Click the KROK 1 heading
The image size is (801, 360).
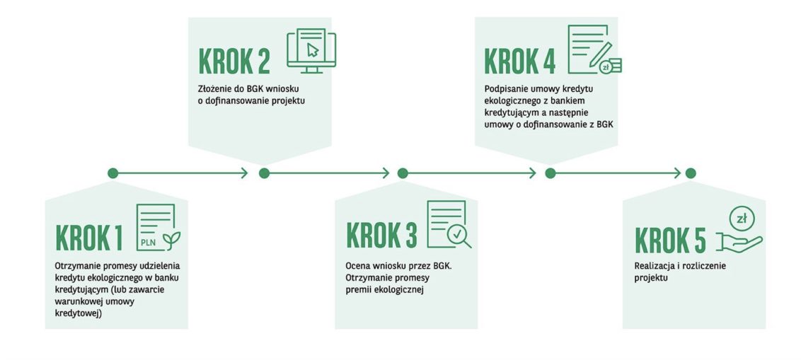tap(89, 238)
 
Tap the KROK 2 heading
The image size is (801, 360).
tap(234, 62)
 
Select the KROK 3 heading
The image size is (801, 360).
tap(381, 235)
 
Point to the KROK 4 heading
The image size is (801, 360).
tap(519, 62)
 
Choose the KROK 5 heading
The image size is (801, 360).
tap(670, 240)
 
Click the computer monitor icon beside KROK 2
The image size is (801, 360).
tap(311, 50)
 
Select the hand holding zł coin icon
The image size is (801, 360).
tap(739, 229)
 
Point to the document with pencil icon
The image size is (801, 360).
tap(594, 50)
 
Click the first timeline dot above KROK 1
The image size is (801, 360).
tap(113, 173)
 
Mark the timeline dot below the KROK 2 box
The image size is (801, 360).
tap(264, 173)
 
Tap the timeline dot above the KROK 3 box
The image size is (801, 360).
tap(403, 173)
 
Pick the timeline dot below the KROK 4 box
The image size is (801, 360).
tap(551, 173)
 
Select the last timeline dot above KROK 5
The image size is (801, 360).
tap(691, 173)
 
